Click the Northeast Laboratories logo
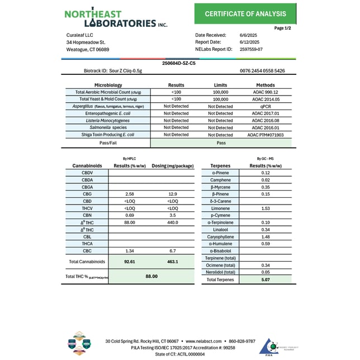pos(115,18)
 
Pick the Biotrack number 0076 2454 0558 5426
pos(262,71)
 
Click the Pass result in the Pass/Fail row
pos(220,143)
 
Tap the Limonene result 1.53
pos(266,208)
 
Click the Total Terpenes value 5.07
pos(266,279)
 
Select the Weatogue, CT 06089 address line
pos(88,49)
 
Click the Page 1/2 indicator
pos(283,28)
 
